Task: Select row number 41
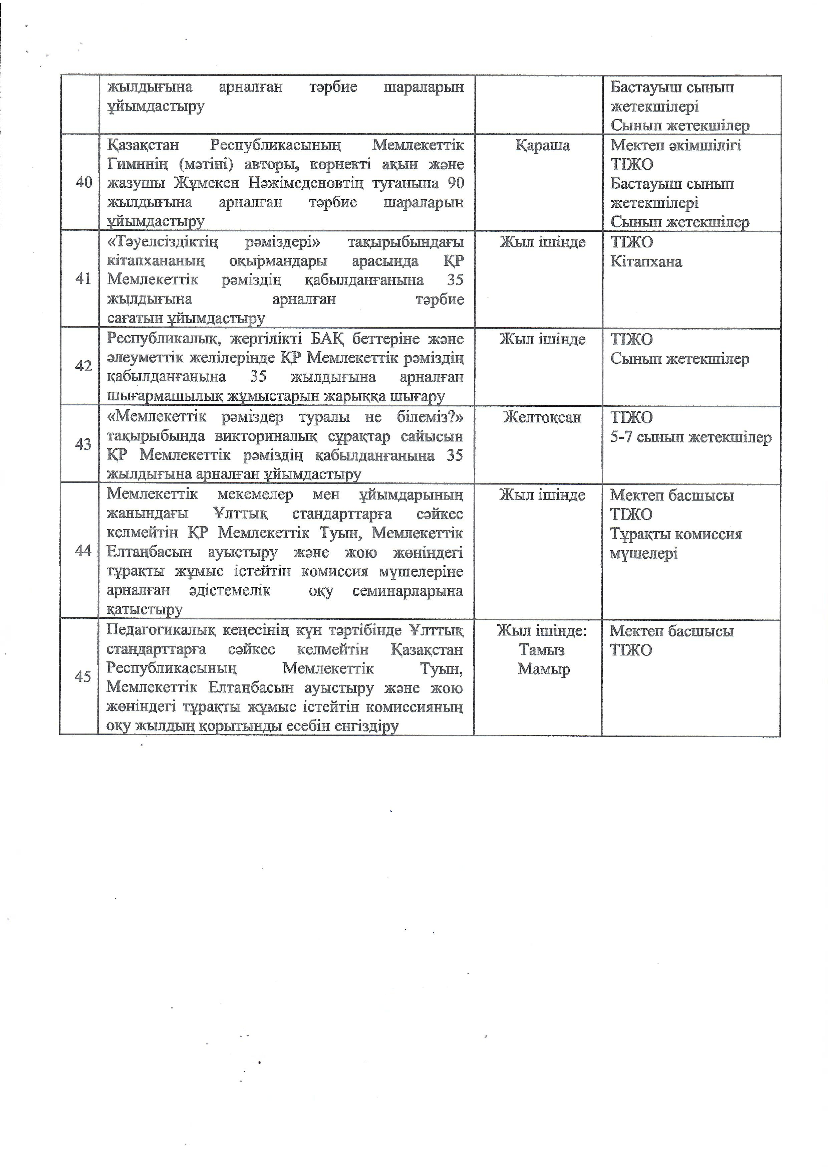83,279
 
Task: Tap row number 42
83,366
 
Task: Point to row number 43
83,444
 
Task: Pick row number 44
83,551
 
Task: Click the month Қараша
542,145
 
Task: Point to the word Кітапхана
646,262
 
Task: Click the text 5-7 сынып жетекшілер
691,437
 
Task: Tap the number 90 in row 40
455,183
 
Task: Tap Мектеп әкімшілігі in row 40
675,145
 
